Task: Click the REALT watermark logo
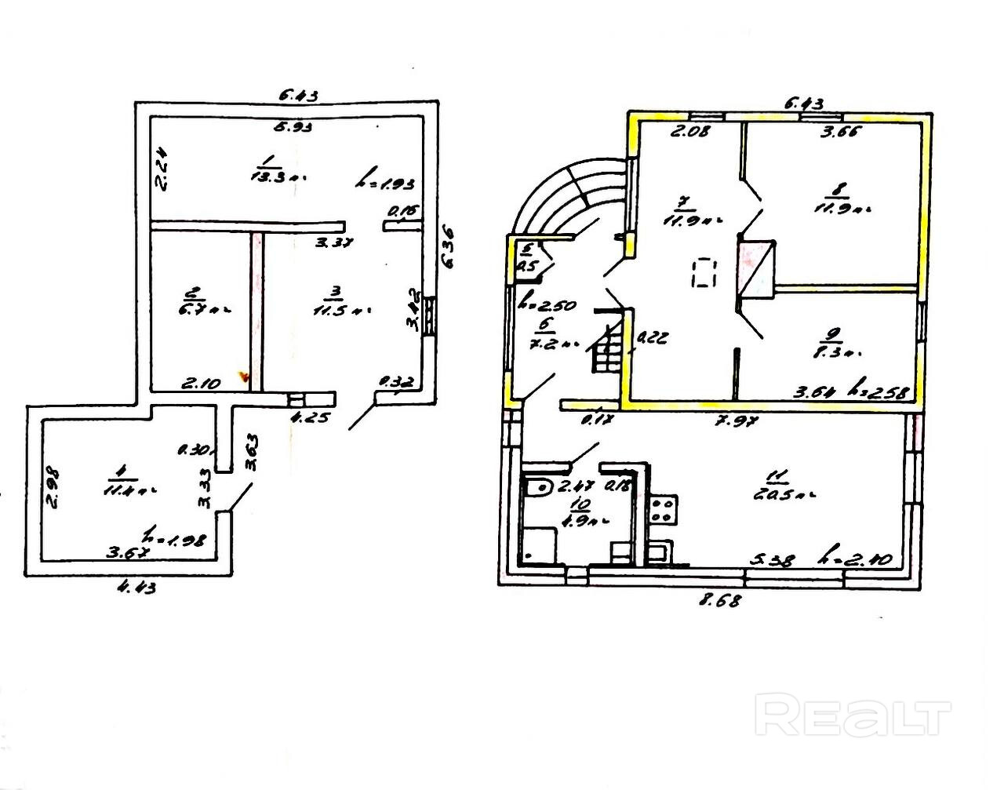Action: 853,715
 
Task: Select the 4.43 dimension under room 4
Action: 136,586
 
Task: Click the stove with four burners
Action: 662,509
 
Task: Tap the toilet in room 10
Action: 538,488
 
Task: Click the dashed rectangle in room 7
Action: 704,273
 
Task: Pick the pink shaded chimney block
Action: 755,270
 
